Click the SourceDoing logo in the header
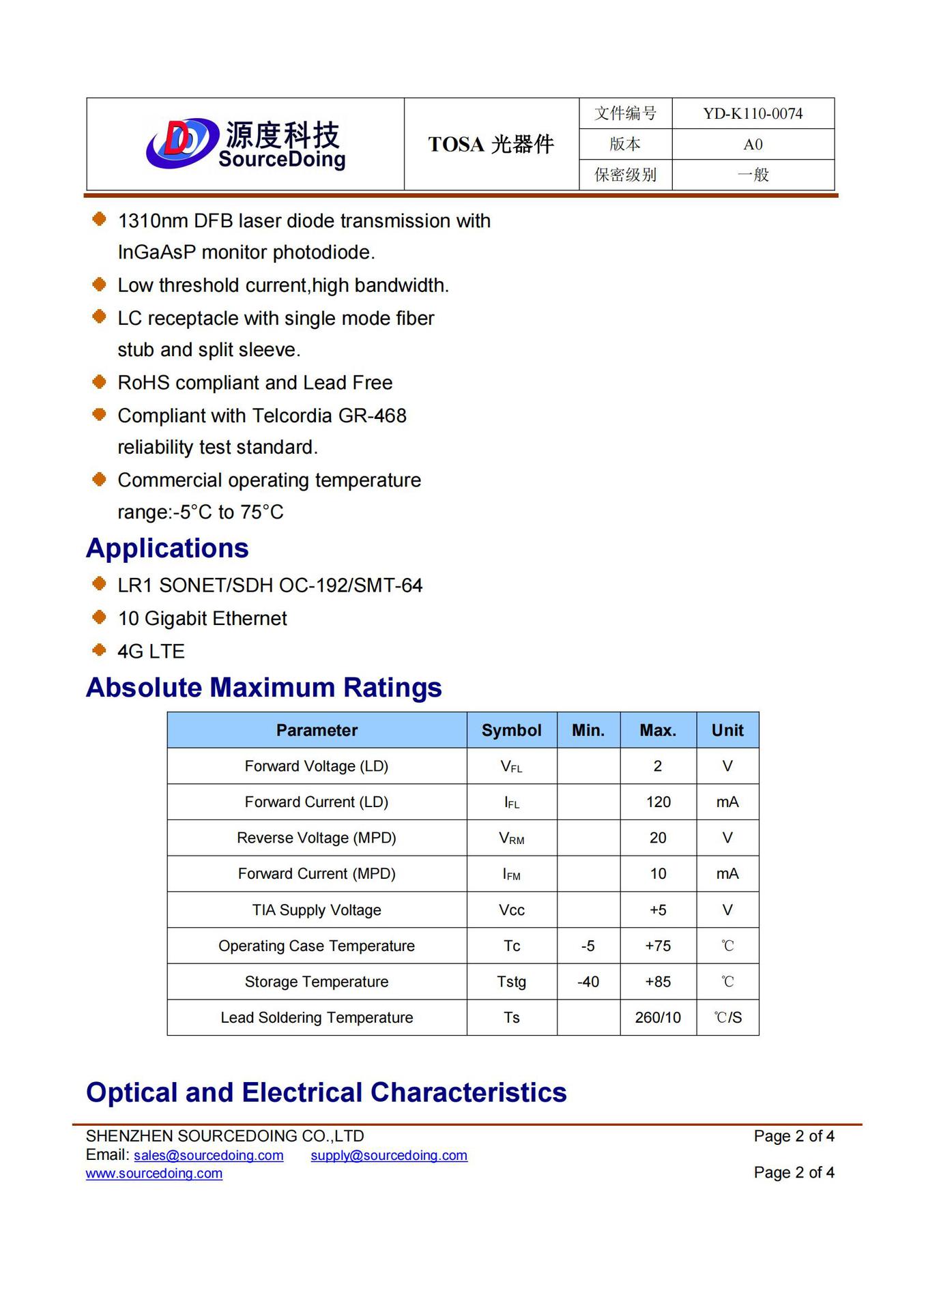[x=246, y=144]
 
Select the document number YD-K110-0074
[x=753, y=113]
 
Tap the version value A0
[x=753, y=145]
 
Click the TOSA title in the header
[x=491, y=145]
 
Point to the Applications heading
[x=167, y=549]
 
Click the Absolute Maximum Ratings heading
[x=264, y=688]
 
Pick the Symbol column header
[x=511, y=731]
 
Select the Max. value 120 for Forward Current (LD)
[x=658, y=802]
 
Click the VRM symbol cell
[x=511, y=839]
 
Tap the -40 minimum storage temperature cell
[x=588, y=982]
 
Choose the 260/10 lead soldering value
[x=658, y=1018]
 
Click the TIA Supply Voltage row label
[x=317, y=910]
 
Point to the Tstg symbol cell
[x=511, y=982]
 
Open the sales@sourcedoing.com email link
[x=208, y=1155]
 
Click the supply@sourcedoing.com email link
[x=389, y=1155]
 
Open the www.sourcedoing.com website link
[x=154, y=1174]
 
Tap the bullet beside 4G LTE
[x=100, y=650]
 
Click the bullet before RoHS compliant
[x=100, y=381]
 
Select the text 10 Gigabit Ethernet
[x=202, y=619]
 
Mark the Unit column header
[x=727, y=731]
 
